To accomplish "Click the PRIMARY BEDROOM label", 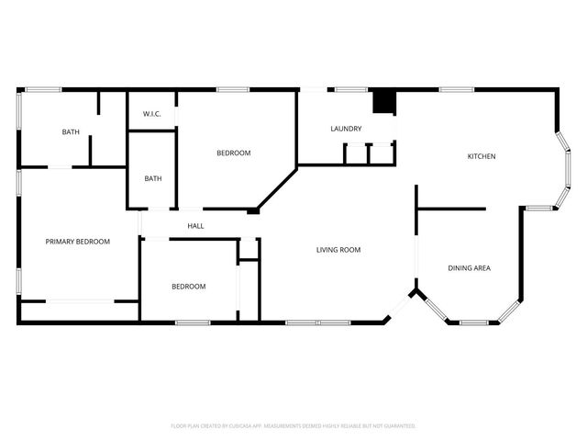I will click(x=78, y=242).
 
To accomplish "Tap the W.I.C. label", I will click(x=152, y=113).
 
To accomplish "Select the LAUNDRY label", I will click(x=346, y=129).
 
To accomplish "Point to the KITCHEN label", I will click(x=482, y=156).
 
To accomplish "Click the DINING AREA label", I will click(x=469, y=268).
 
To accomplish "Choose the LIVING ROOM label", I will click(x=338, y=249).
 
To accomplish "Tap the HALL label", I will click(x=196, y=226).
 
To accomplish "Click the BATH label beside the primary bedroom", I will click(x=71, y=132).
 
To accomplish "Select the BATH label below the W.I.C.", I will click(x=153, y=178).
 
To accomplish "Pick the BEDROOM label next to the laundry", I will click(x=233, y=153).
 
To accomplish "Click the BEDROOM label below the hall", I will click(x=189, y=287).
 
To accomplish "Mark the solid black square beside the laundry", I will click(x=384, y=101).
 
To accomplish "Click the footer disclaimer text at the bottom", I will click(x=293, y=425).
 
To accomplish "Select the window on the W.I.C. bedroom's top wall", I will click(x=233, y=89).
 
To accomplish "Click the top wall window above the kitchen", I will click(x=456, y=89).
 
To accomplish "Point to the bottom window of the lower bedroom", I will click(x=193, y=322).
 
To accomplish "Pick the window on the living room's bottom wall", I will click(x=317, y=322).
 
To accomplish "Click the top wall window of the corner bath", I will click(x=42, y=89).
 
